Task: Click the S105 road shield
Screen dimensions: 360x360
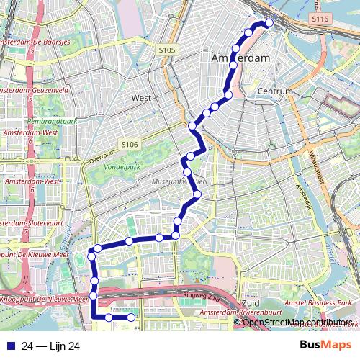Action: pyautogui.click(x=166, y=50)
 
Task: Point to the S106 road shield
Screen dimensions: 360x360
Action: pyautogui.click(x=130, y=145)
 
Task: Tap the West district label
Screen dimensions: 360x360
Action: pyautogui.click(x=141, y=97)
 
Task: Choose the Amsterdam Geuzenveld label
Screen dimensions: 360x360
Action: pyautogui.click(x=35, y=91)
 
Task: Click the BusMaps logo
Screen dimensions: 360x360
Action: pyautogui.click(x=325, y=346)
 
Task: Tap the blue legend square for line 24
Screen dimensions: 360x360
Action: pyautogui.click(x=9, y=346)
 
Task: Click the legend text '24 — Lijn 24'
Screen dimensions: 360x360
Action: pyautogui.click(x=50, y=346)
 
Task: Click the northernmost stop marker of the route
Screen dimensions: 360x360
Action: pyautogui.click(x=270, y=23)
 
